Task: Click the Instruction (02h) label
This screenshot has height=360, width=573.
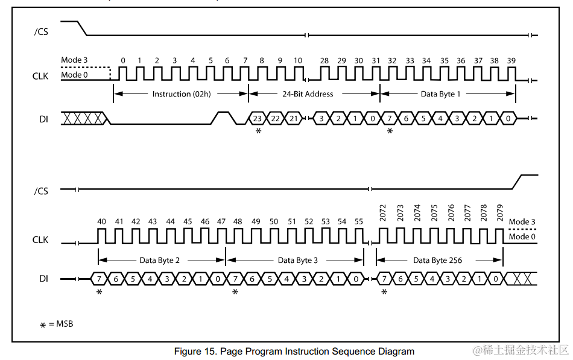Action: (x=180, y=94)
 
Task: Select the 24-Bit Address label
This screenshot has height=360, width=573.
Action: (x=308, y=94)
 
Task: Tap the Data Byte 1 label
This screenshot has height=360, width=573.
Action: (x=440, y=94)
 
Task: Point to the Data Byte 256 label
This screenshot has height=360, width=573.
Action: (x=438, y=261)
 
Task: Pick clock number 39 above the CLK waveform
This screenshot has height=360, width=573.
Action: (x=511, y=61)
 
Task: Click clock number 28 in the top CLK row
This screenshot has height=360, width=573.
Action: (x=324, y=61)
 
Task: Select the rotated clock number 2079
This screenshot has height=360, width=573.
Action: (x=500, y=213)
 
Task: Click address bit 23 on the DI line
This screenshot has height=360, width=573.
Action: (x=258, y=119)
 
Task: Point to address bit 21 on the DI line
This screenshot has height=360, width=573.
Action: (x=292, y=119)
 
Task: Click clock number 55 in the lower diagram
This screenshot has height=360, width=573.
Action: (x=359, y=222)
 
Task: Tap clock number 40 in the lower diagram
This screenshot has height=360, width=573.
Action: (x=101, y=222)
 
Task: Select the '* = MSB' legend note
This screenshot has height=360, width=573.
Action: (x=57, y=324)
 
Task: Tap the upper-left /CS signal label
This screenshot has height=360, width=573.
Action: (x=41, y=31)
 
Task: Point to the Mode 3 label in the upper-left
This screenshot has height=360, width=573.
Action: (x=74, y=60)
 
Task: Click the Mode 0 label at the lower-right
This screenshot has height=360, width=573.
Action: (x=522, y=237)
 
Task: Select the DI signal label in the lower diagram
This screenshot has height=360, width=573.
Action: (x=43, y=279)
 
